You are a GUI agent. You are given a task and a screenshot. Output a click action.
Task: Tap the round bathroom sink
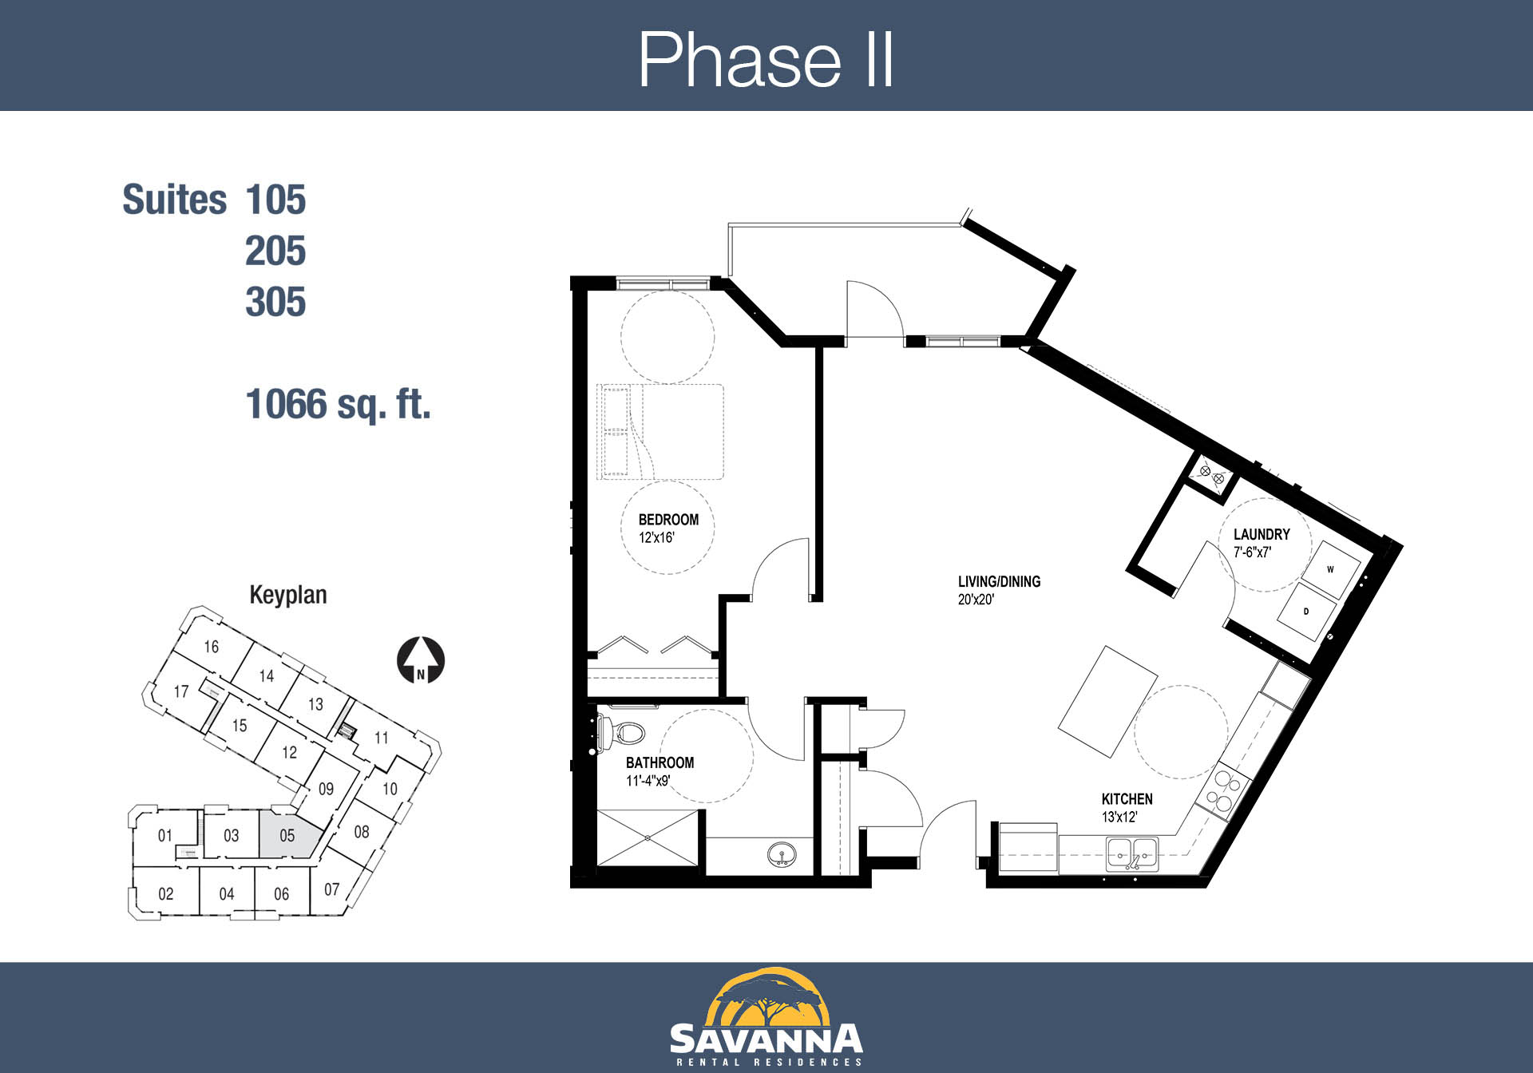pos(781,856)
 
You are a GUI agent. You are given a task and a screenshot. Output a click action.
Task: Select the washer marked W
pos(1331,570)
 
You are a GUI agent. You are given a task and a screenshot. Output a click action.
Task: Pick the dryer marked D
pos(1307,612)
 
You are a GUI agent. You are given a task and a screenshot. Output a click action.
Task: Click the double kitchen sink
pos(1132,854)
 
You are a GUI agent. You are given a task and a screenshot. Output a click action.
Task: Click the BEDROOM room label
pos(668,520)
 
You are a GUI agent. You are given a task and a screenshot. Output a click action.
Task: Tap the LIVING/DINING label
pos(999,582)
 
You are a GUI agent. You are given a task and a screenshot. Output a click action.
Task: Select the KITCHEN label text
pos(1127,799)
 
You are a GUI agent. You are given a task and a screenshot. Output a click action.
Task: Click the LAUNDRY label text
pos(1262,534)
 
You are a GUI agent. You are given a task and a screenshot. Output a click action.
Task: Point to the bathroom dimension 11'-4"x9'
pos(648,781)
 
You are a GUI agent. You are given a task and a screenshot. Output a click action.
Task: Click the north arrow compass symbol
pos(421,660)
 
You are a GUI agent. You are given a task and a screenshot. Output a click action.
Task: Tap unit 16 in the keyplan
pos(212,646)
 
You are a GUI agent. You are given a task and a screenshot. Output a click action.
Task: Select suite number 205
pos(275,251)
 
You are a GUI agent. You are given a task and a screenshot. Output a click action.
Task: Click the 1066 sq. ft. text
pos(338,404)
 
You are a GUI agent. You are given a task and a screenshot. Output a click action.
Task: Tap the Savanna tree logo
pos(766,997)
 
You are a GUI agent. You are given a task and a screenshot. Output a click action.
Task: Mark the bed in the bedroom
pos(660,432)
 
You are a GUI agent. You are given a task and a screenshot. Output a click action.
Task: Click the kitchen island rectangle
pos(1107,701)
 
